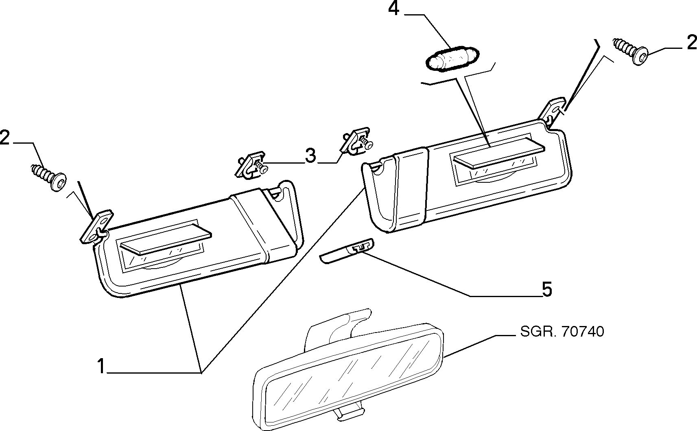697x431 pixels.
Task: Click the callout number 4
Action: coord(393,9)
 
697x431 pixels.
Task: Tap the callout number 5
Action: coord(547,289)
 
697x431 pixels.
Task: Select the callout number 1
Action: coord(101,366)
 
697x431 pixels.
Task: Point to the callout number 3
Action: coord(310,155)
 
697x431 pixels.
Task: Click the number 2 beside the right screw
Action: coord(691,43)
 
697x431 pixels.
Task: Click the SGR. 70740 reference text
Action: coord(562,331)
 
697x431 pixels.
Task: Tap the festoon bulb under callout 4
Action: coord(452,59)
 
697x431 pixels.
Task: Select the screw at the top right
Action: coord(630,51)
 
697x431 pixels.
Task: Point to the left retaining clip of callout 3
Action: coord(251,166)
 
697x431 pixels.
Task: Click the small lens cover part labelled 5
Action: coord(346,251)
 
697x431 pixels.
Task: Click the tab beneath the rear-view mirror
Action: coord(348,413)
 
